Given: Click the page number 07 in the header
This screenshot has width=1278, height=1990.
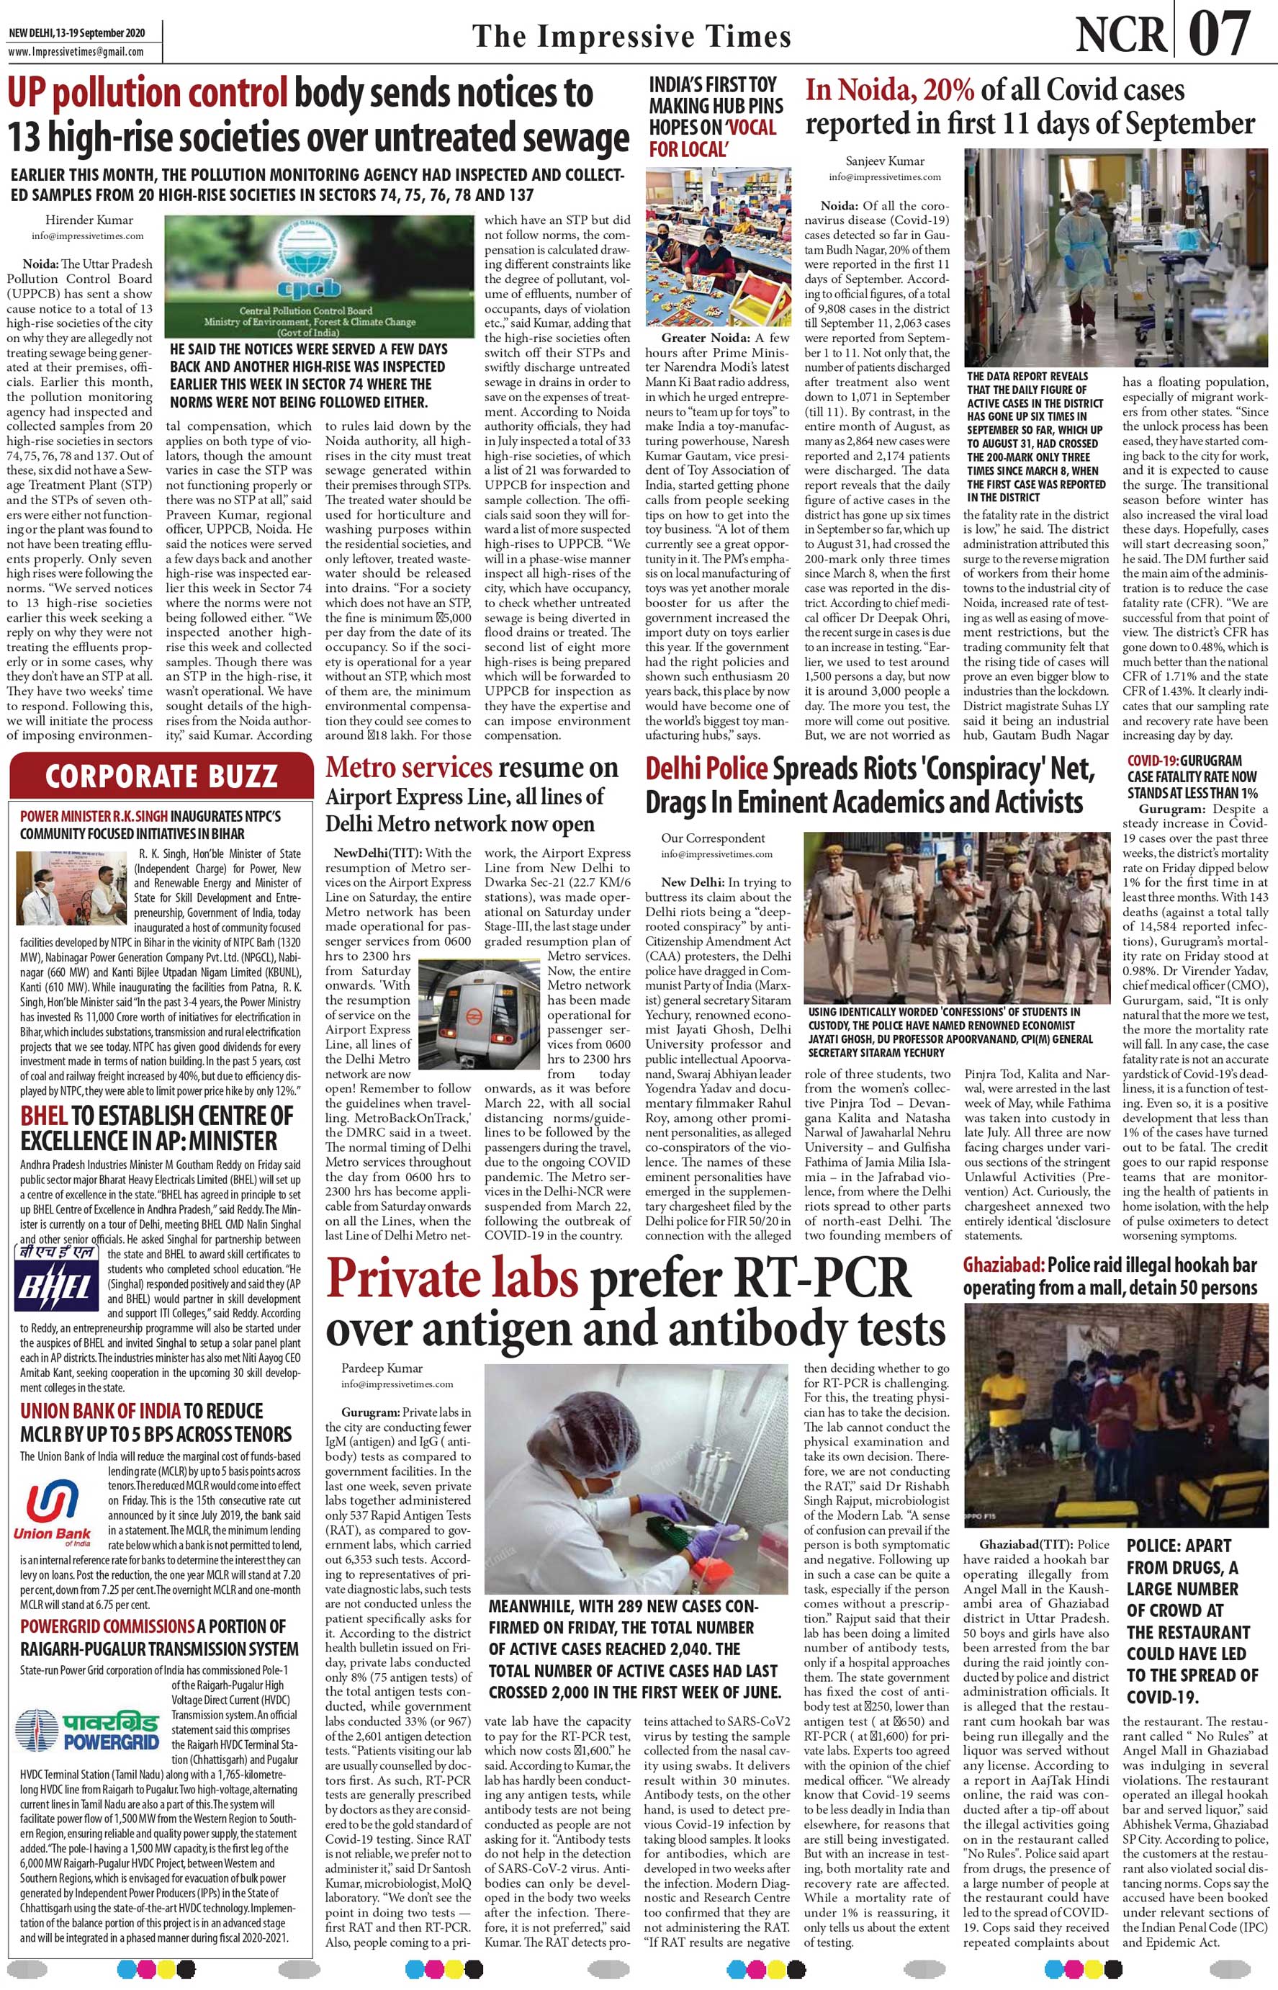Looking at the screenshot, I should (x=1219, y=34).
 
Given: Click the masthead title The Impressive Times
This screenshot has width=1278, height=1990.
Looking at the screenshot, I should (x=631, y=37).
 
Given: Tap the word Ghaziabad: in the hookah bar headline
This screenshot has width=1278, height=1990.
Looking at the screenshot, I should (x=1002, y=1265).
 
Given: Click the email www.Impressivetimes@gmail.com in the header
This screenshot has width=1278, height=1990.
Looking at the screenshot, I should (x=76, y=51).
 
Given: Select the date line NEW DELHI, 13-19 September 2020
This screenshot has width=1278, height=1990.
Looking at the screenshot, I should (x=76, y=34).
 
